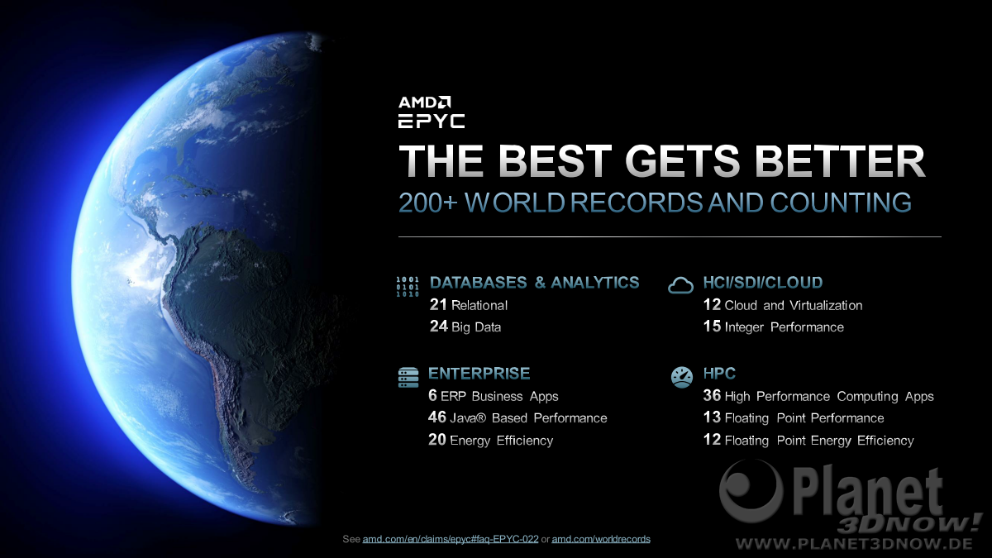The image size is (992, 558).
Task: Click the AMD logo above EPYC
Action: point(424,103)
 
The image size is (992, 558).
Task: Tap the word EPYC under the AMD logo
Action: point(432,121)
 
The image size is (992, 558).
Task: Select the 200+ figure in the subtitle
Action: point(428,203)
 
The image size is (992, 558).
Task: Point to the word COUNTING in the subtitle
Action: point(841,203)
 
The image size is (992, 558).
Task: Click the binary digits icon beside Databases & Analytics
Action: point(408,287)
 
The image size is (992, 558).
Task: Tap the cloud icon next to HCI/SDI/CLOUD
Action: point(680,286)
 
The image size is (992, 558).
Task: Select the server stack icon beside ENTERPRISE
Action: point(408,378)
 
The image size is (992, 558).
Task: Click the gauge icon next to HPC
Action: point(682,377)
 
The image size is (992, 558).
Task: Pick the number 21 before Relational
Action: point(438,305)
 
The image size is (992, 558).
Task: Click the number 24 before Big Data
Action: point(438,327)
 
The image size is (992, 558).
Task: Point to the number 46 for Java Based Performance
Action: point(437,417)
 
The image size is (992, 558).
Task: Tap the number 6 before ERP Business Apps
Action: point(432,395)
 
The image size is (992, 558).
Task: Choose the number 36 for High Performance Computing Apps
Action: point(712,395)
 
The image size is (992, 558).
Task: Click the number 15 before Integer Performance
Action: point(712,327)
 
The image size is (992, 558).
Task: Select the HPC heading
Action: point(719,374)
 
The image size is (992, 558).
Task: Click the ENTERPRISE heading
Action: point(479,374)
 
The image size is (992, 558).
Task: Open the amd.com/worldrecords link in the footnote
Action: point(601,539)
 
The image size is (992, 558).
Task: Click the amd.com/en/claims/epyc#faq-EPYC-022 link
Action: point(451,539)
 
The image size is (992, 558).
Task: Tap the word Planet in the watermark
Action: point(868,492)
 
